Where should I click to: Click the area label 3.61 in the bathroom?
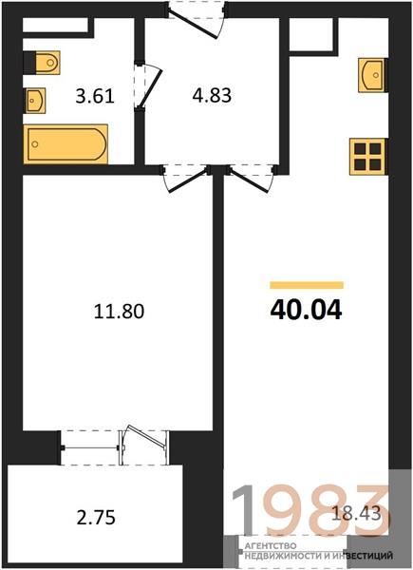pyautogui.click(x=95, y=96)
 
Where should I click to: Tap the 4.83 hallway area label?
pyautogui.click(x=212, y=96)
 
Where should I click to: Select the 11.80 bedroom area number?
pyautogui.click(x=119, y=312)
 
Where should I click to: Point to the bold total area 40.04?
pyautogui.click(x=307, y=310)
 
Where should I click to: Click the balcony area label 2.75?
pyautogui.click(x=96, y=517)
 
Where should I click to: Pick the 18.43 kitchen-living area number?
pyautogui.click(x=356, y=513)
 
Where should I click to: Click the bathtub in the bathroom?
pyautogui.click(x=66, y=144)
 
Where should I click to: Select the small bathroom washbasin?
pyautogui.click(x=35, y=100)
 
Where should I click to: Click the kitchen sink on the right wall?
pyautogui.click(x=371, y=75)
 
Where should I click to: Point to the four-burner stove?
pyautogui.click(x=367, y=157)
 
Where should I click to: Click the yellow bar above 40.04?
pyautogui.click(x=307, y=285)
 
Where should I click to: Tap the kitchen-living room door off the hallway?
pyautogui.click(x=251, y=180)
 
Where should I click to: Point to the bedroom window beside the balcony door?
pyautogui.click(x=90, y=447)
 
